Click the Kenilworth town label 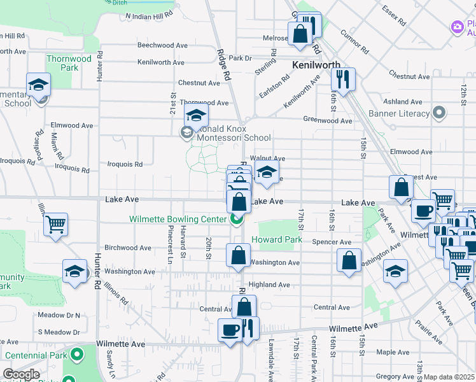coord(316,65)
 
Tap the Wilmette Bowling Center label coord(178,219)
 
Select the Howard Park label coord(277,240)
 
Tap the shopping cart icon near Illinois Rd coord(55,224)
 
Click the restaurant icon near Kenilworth coord(343,80)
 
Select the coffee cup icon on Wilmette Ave coord(230,330)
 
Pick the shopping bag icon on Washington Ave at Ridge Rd coord(238,255)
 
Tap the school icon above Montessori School coord(197,116)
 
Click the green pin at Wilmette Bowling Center coord(237,220)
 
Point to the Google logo coord(21,374)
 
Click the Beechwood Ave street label coord(163,46)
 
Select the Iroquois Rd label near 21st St coord(125,164)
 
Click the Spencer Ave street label coord(332,242)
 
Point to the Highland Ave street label coord(269,285)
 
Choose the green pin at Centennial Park coord(77,353)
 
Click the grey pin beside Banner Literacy coord(438,114)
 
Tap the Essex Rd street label coord(394,15)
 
